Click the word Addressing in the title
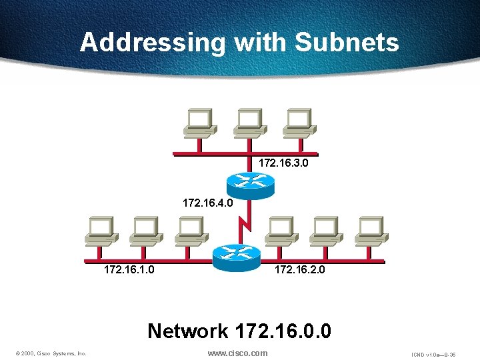tap(153, 43)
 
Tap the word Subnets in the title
tap(347, 43)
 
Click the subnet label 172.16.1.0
tap(129, 270)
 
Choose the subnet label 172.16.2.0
tap(299, 270)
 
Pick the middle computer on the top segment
tap(247, 123)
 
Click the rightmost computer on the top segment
tap(297, 123)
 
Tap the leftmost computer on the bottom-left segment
tap(101, 231)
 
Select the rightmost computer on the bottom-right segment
tap(371, 231)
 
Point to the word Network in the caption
tap(187, 330)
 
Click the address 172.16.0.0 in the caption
tap(283, 330)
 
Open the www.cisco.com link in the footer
tap(238, 353)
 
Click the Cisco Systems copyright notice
tap(51, 353)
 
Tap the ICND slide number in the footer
tap(433, 354)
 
